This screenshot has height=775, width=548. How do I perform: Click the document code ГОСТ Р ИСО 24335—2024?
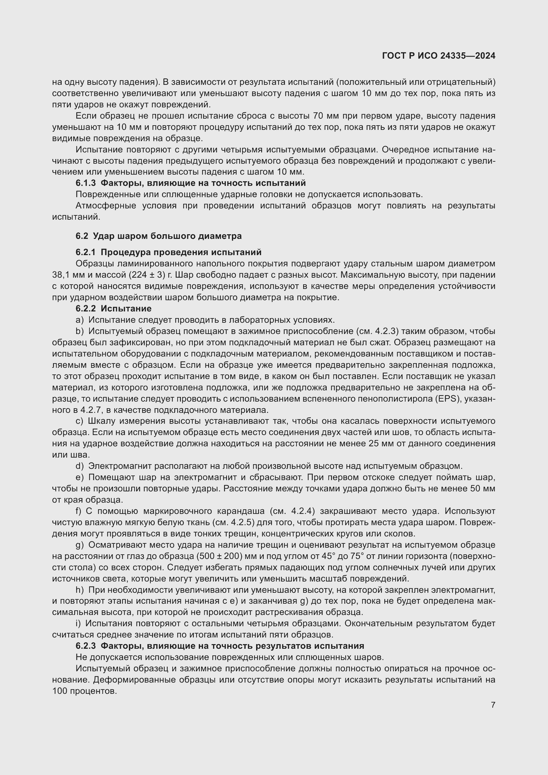pos(438,56)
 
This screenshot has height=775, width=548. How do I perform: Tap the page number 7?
pos(493,705)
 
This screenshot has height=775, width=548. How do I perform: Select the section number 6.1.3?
pos(85,183)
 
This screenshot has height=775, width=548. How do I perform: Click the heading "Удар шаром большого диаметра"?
pos(167,236)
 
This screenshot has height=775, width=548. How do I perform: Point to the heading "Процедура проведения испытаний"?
pos(181,252)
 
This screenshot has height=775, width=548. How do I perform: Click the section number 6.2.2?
pos(85,308)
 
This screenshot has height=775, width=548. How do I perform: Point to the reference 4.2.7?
pos(88,410)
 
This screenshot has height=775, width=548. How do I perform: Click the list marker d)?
pos(80,466)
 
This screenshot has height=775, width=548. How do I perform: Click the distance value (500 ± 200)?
pos(220,556)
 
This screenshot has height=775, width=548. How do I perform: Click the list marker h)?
pos(80,590)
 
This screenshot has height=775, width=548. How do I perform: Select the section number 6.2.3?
pos(85,646)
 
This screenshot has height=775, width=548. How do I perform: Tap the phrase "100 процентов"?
pos(84,691)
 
